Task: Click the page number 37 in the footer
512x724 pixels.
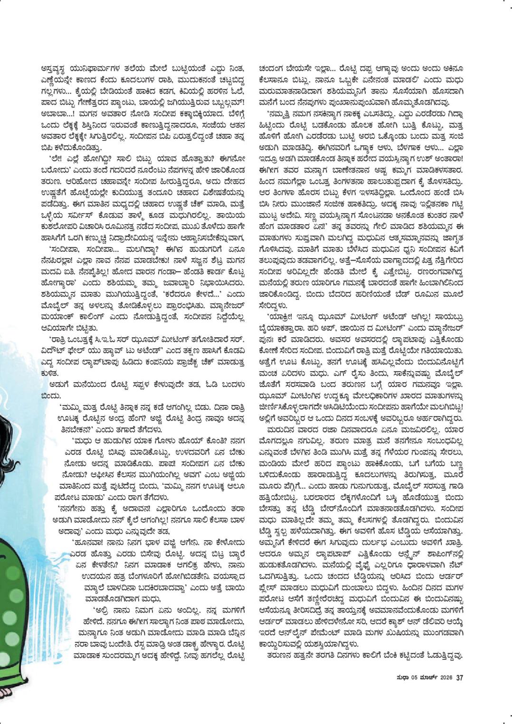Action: click(x=459, y=677)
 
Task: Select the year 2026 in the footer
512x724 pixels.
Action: click(x=446, y=677)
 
